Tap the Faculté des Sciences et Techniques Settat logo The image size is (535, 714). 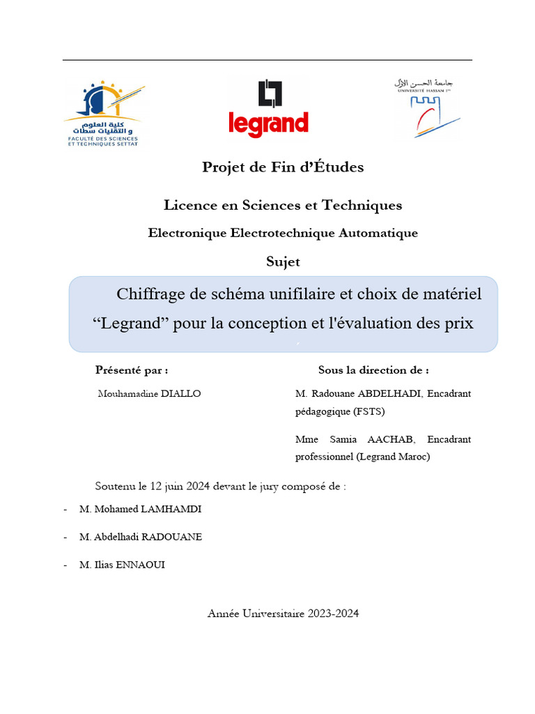(x=102, y=112)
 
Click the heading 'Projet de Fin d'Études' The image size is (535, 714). (x=283, y=167)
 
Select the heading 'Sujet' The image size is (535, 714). (x=283, y=262)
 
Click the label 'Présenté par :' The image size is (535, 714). (x=132, y=370)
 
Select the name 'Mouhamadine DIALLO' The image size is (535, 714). (x=150, y=394)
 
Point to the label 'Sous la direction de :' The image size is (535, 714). (x=373, y=370)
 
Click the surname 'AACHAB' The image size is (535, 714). (x=394, y=439)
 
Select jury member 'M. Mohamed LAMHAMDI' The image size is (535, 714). (x=140, y=510)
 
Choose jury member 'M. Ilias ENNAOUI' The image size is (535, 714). (x=123, y=565)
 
